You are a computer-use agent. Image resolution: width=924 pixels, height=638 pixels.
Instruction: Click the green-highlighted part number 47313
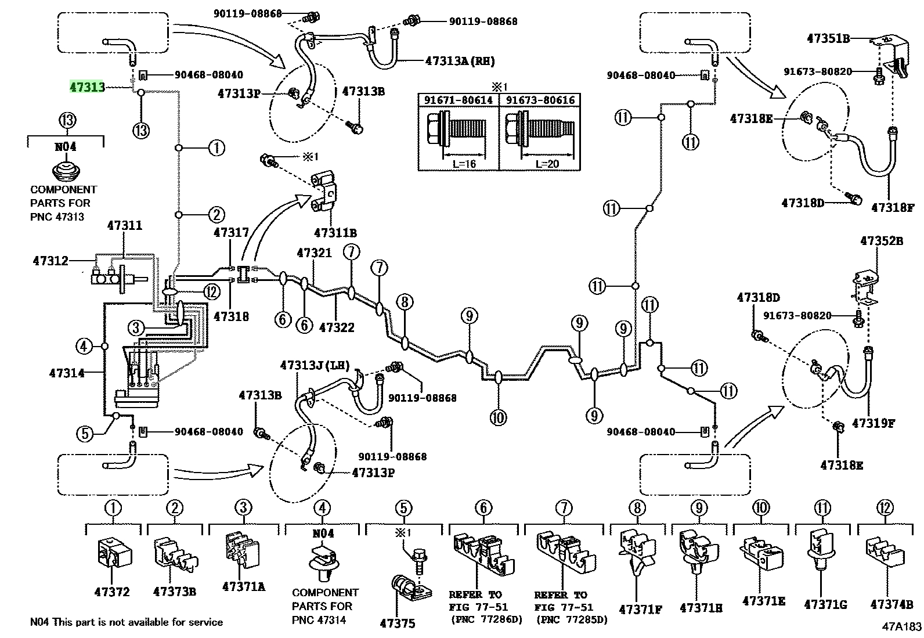pos(87,87)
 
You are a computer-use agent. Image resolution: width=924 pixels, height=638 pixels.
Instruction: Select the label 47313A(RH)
pos(460,61)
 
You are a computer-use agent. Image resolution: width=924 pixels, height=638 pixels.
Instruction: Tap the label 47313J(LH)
pos(315,365)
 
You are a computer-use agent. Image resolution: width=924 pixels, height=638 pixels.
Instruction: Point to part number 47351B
pos(828,38)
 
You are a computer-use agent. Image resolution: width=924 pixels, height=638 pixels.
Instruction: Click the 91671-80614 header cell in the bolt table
pos(459,100)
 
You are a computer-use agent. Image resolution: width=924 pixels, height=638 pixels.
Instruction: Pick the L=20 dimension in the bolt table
pos(547,164)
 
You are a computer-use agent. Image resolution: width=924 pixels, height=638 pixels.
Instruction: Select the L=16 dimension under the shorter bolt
pos(464,164)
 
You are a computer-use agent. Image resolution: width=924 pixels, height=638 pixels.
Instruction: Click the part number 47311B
pos(335,233)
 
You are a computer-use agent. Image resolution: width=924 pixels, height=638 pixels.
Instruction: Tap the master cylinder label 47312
pos(50,261)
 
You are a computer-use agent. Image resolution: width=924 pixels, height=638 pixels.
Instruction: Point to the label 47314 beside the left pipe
pos(67,373)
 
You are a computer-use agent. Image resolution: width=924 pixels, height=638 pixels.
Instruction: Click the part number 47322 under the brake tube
pos(337,327)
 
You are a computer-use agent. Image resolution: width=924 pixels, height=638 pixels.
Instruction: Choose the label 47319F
pos(874,423)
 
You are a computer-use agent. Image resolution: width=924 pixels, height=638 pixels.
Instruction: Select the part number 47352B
pos(882,240)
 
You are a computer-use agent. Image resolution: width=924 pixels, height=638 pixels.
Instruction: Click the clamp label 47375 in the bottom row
pos(397,623)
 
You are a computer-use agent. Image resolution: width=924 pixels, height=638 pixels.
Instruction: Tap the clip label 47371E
pos(764,601)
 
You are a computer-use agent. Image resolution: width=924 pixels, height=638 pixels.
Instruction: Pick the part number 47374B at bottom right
pos(891,604)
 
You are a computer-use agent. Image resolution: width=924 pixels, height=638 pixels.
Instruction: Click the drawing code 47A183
pos(902,626)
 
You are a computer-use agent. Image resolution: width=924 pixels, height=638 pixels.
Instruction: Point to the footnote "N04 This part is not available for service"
pos(127,622)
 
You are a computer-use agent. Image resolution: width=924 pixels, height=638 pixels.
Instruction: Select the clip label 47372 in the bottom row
pos(112,592)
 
